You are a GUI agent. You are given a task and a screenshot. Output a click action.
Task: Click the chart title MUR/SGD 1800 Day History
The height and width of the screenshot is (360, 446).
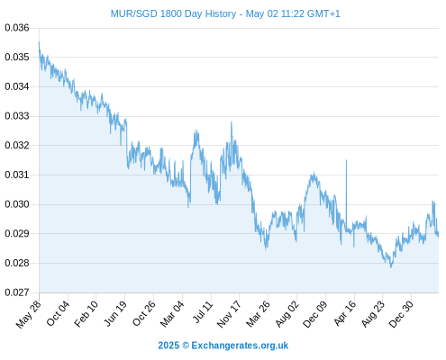173,13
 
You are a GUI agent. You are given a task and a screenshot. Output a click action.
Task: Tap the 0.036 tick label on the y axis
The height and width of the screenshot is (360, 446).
17,28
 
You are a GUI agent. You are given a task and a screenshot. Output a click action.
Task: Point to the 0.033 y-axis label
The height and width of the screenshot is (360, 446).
17,116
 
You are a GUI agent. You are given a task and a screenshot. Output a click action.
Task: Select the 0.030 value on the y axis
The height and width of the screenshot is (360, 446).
17,204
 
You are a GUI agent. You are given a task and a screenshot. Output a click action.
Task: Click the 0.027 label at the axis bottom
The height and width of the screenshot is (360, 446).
17,292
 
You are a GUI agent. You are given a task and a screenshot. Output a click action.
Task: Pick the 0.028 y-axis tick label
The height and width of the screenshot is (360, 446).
17,263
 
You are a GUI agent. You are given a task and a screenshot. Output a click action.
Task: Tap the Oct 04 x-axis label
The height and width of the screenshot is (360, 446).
58,313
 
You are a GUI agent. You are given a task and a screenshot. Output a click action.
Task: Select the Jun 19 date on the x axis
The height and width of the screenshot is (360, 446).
115,313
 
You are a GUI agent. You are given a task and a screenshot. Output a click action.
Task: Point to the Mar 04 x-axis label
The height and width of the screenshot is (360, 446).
172,314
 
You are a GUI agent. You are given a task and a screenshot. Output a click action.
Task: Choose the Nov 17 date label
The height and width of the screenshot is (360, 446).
229,314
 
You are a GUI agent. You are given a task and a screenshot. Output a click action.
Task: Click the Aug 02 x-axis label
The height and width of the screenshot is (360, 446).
287,314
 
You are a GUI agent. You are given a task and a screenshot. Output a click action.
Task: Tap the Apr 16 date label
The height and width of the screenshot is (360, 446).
345,313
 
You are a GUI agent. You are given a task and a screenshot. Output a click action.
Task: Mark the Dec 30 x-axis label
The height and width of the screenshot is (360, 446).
401,314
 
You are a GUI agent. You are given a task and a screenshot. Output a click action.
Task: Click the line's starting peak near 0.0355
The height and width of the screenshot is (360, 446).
39,42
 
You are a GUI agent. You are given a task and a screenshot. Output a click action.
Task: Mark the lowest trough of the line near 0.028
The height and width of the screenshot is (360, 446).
391,267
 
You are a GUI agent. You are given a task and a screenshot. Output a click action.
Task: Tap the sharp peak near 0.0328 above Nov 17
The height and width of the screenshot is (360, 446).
231,121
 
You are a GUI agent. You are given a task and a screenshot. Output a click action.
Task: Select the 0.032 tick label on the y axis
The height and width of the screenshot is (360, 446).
17,145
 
